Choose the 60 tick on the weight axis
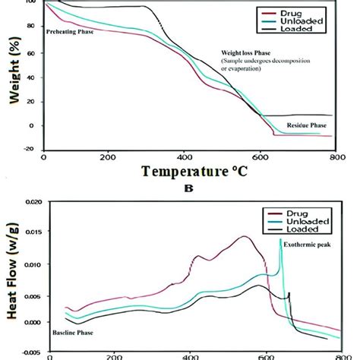31,51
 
